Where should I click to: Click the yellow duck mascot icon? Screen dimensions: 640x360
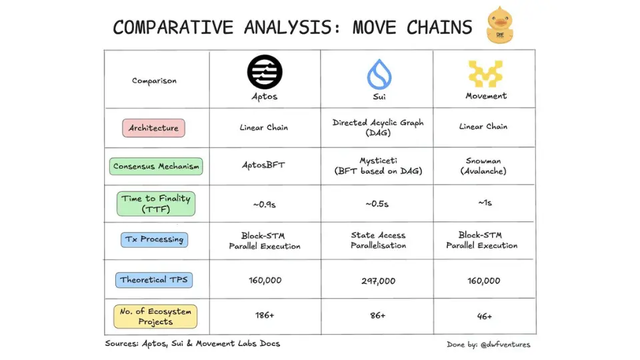[x=499, y=25]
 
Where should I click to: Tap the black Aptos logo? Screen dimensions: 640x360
[x=265, y=72]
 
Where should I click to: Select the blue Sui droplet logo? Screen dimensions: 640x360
[x=379, y=74]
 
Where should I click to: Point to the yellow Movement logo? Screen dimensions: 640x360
[x=485, y=73]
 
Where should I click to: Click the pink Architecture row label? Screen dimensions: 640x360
[x=153, y=128]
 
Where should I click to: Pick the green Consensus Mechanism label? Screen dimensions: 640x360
[x=156, y=167]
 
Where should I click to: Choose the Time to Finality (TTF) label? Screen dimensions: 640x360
[x=156, y=204]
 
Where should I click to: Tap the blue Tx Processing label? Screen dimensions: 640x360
[x=154, y=239]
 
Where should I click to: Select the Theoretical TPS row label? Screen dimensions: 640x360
[x=154, y=280]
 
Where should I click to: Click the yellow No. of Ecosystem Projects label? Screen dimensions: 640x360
[x=155, y=316]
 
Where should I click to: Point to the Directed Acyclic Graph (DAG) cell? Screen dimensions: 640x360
[x=378, y=127]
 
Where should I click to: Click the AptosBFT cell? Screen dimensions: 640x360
[x=264, y=165]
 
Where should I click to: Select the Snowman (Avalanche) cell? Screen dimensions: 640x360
[x=483, y=166]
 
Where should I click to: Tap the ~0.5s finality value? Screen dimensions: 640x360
[x=377, y=203]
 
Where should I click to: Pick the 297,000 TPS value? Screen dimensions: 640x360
[x=379, y=281]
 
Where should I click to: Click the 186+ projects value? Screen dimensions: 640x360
[x=265, y=315]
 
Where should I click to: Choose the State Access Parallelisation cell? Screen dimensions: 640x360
[x=379, y=240]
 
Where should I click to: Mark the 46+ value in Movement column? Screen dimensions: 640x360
[x=485, y=316]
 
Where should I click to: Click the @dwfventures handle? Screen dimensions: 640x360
[x=505, y=345]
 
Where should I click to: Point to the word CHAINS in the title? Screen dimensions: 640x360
[x=439, y=27]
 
